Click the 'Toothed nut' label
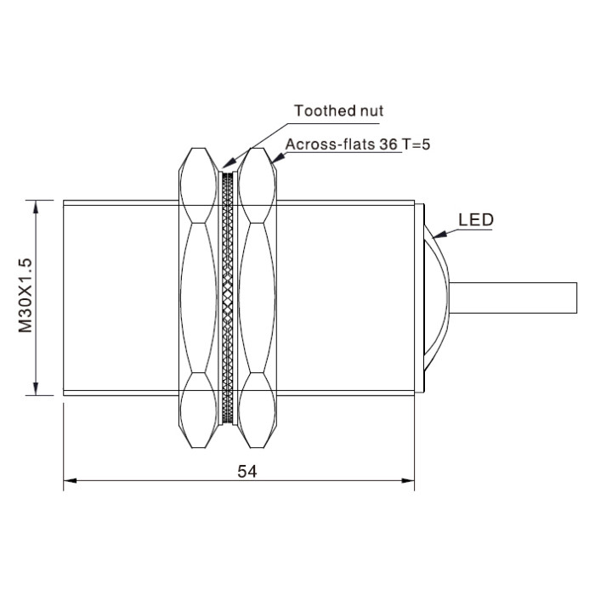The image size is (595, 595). coord(338,110)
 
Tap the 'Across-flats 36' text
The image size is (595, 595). coord(342,144)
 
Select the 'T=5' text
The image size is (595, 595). coord(416,144)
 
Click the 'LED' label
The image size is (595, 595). coord(476,220)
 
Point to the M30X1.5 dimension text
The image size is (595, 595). coord(25,296)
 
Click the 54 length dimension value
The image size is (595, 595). coord(247,471)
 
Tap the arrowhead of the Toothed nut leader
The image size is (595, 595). coord(227,163)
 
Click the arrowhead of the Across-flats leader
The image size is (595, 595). coord(277,158)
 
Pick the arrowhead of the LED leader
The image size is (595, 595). coord(439,235)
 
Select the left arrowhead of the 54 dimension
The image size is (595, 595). coord(70,480)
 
